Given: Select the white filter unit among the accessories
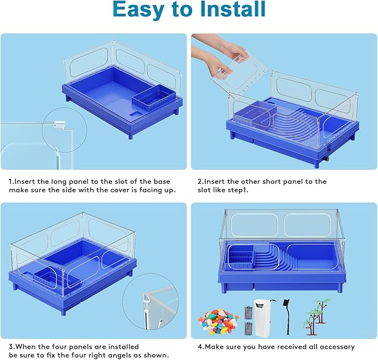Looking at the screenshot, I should click(x=262, y=318).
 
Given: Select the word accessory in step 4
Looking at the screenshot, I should click(x=334, y=347).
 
